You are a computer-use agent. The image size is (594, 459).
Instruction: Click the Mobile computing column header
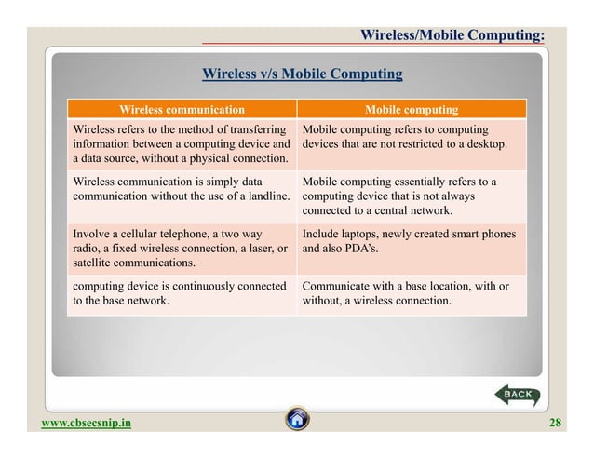[411, 108]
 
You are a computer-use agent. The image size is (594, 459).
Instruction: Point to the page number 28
[556, 424]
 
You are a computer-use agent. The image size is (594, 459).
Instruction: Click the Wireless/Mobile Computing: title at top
[452, 35]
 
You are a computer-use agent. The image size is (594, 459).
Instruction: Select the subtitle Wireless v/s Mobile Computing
[303, 74]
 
